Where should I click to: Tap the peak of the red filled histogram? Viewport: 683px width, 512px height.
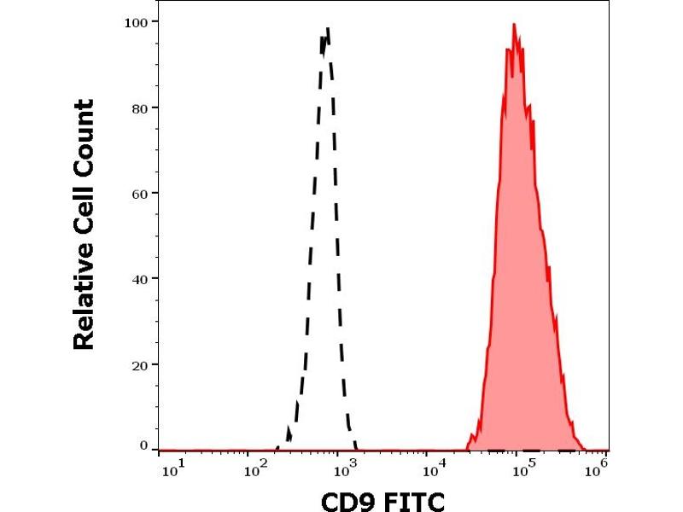pyautogui.click(x=514, y=25)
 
